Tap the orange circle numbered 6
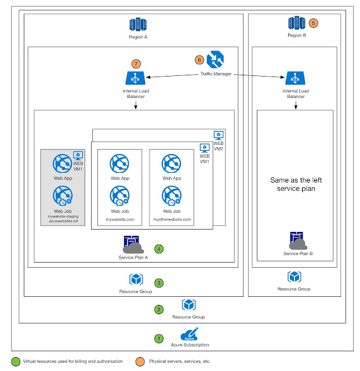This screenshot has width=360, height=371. (x=199, y=60)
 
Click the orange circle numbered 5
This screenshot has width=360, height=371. (x=314, y=24)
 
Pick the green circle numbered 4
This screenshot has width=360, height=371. (x=158, y=249)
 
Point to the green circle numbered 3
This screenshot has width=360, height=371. (x=158, y=283)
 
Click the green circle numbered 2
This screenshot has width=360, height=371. (x=158, y=310)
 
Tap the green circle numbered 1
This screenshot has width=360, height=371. (x=158, y=337)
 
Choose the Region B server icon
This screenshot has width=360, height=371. (x=296, y=24)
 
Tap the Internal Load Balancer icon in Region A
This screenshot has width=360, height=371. (x=134, y=78)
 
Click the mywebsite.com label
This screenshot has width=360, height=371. (x=119, y=220)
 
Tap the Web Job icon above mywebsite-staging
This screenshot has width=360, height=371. (x=63, y=198)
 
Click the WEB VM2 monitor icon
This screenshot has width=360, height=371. (x=219, y=134)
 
